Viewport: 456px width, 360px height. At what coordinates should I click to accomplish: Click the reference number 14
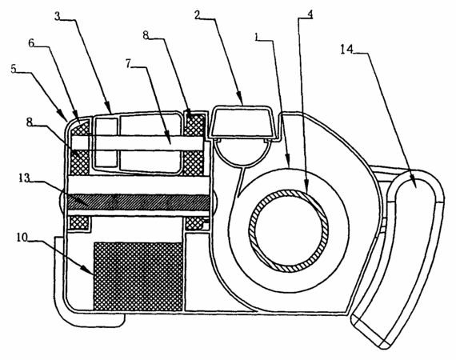click(x=346, y=50)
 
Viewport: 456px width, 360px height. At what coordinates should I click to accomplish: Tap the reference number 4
click(x=310, y=14)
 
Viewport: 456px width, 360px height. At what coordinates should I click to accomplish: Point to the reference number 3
click(x=58, y=16)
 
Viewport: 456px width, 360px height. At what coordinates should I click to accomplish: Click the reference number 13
click(x=24, y=178)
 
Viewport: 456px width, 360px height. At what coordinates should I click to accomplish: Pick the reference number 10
click(x=22, y=237)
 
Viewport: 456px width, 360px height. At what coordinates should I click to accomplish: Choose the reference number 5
click(x=14, y=69)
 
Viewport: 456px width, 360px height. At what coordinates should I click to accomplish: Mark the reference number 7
click(x=129, y=63)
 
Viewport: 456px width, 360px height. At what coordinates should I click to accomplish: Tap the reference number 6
click(x=31, y=42)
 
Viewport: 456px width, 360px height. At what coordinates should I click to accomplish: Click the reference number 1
click(x=256, y=37)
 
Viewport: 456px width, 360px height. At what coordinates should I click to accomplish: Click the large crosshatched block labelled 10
click(x=138, y=276)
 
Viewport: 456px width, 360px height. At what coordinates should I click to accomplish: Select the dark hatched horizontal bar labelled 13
click(x=138, y=202)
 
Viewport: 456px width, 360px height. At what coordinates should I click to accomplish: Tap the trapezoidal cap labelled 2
click(x=243, y=122)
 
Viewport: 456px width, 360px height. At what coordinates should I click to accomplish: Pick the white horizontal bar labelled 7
click(x=138, y=143)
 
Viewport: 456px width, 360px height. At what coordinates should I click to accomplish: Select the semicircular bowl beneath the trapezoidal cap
click(x=242, y=153)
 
